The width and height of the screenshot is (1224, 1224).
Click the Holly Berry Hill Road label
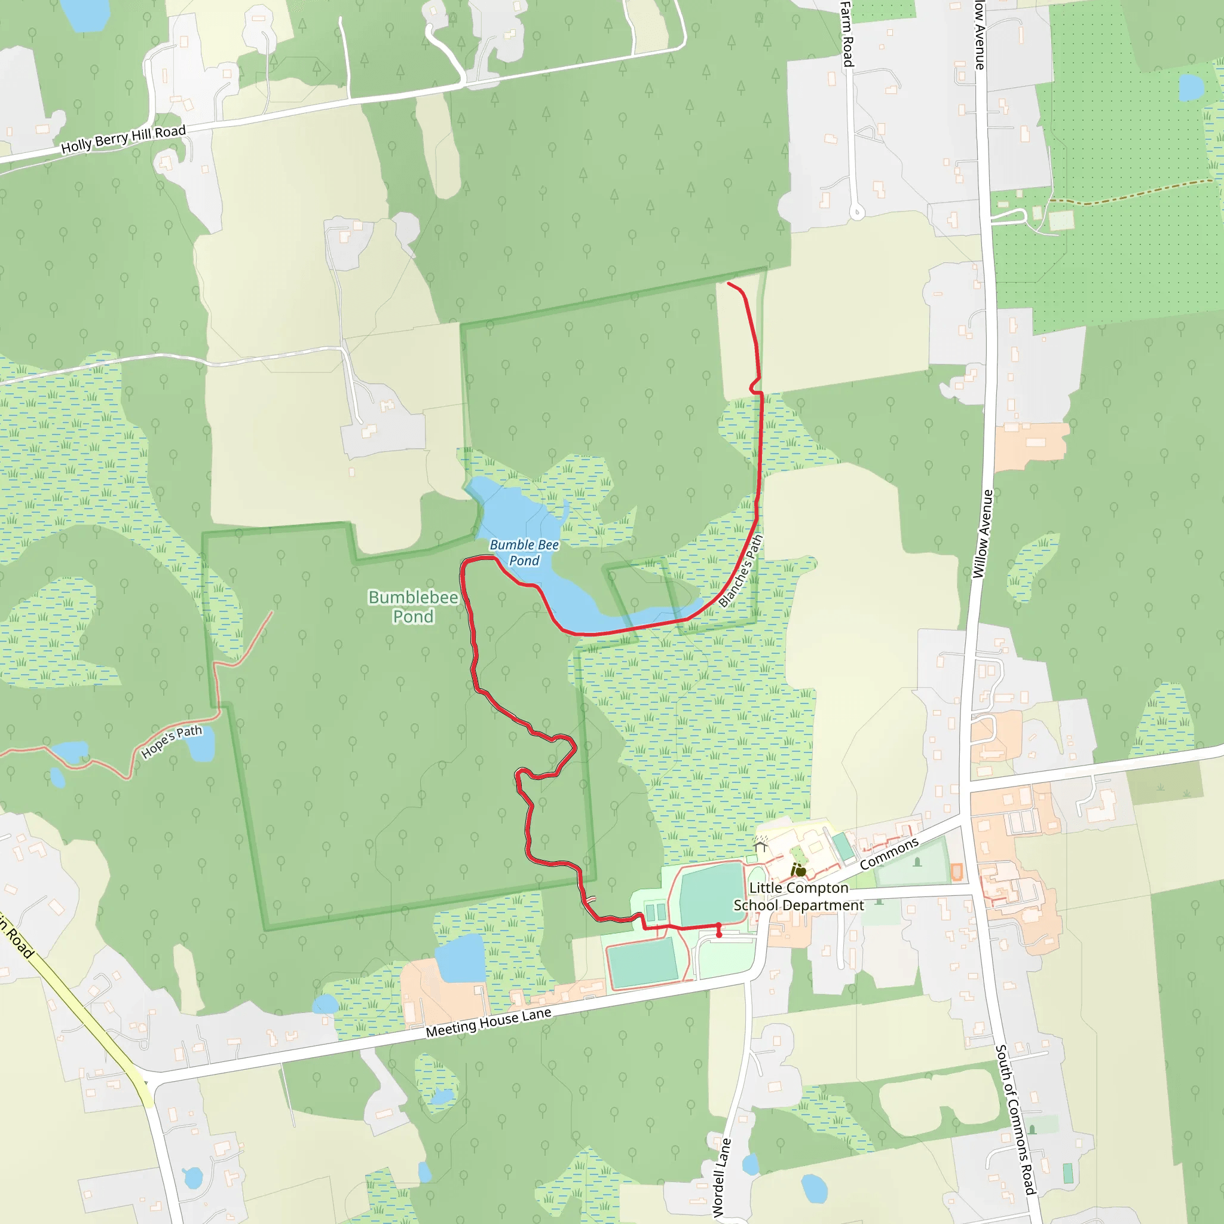pos(123,139)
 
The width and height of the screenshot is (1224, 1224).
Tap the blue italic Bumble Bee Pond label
pos(524,552)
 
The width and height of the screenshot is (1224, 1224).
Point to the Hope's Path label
pos(171,740)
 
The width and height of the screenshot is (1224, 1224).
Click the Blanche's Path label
pos(740,570)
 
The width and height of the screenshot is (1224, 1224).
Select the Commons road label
pos(889,853)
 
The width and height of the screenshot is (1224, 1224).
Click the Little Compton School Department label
pos(798,896)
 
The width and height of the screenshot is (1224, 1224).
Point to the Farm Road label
pos(847,35)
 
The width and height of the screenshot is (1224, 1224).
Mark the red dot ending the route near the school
pos(719,935)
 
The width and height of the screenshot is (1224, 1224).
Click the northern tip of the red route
pos(729,283)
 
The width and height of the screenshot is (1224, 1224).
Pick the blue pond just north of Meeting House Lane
pos(461,958)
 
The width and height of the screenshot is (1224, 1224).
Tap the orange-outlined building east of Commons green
pos(957,873)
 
